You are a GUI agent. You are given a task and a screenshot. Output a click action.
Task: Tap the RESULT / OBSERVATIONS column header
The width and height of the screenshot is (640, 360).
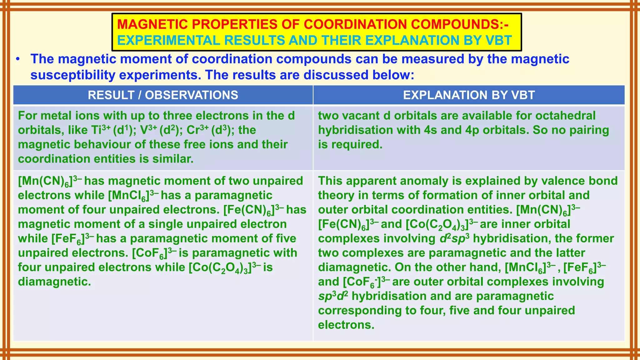pos(163,95)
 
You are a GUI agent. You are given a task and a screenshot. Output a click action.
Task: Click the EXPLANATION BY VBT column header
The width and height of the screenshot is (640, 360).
pos(469,95)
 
